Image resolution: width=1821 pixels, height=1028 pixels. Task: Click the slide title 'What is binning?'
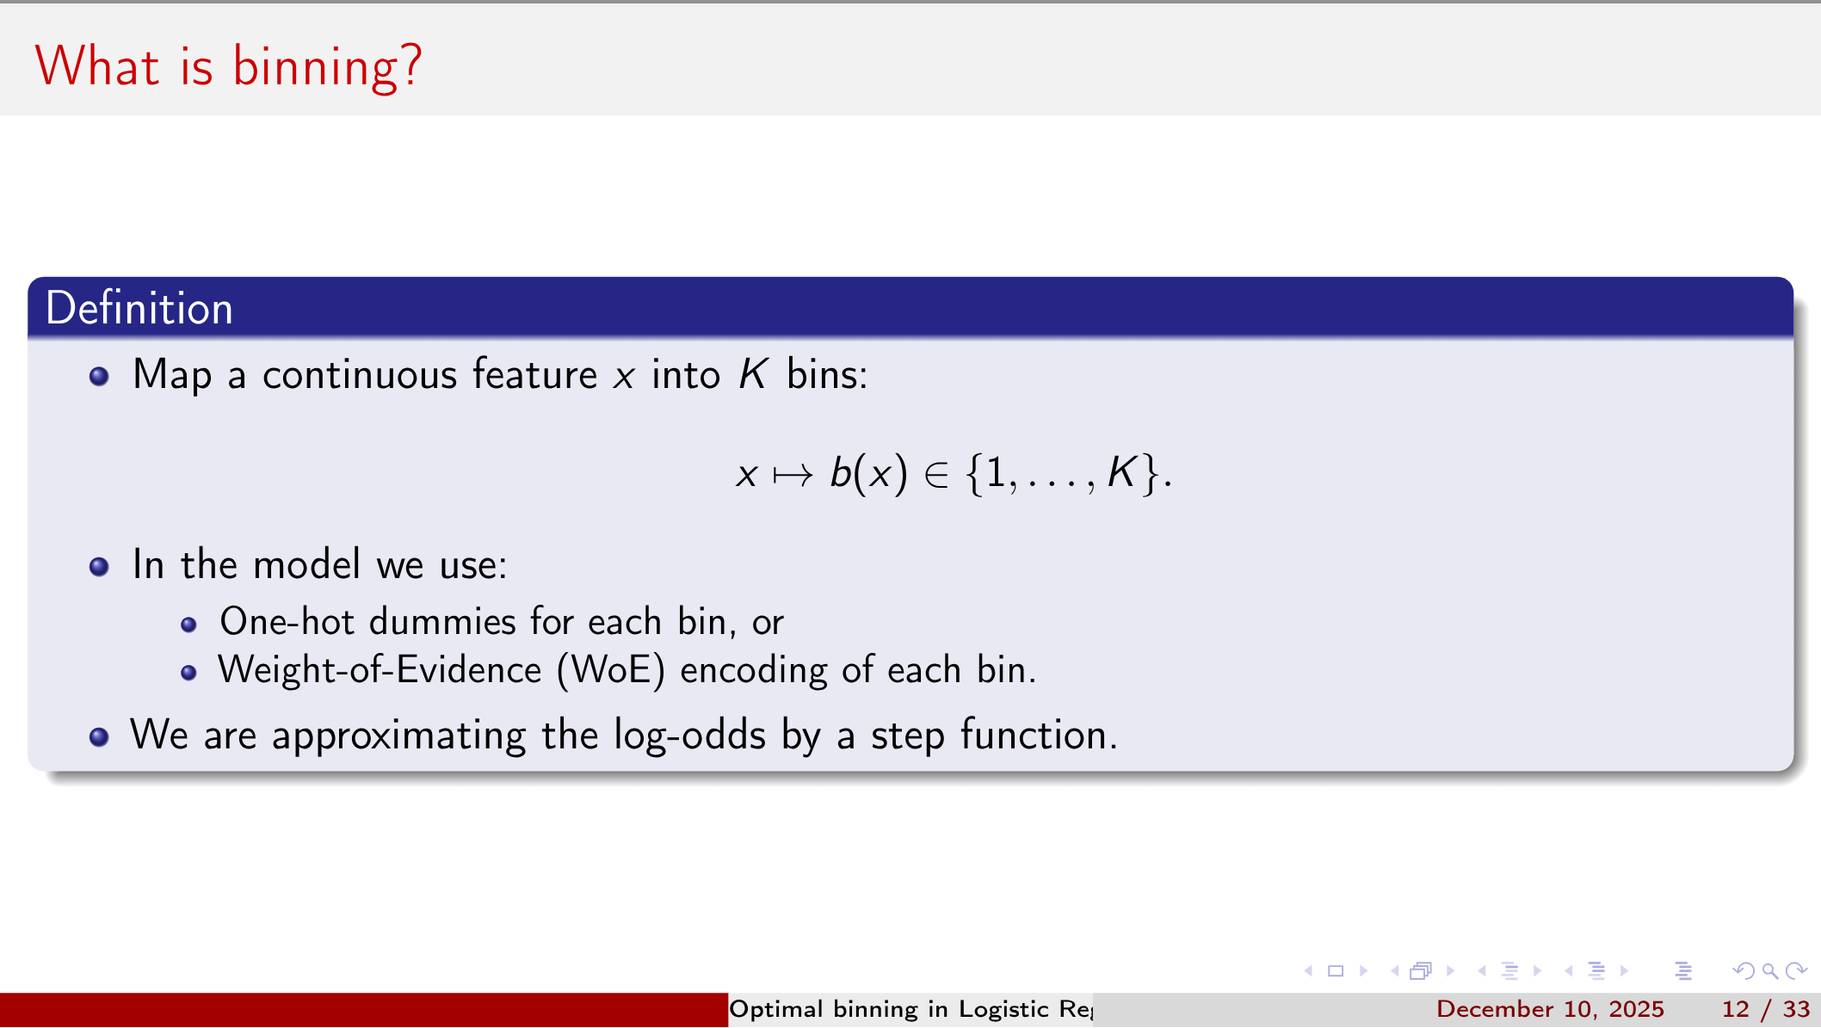coord(229,67)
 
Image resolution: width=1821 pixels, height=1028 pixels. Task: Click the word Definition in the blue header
coord(139,308)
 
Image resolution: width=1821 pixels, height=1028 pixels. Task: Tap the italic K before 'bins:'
coord(753,374)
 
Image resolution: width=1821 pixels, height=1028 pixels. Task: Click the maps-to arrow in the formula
coord(793,475)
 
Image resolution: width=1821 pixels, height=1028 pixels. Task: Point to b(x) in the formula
coord(868,473)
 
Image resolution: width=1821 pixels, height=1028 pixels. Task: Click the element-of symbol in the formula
coord(936,475)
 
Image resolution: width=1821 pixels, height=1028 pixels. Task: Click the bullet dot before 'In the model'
coord(99,566)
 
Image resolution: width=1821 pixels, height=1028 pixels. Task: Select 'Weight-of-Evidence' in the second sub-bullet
coord(380,669)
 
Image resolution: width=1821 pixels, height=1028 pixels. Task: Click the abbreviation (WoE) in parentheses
coord(611,670)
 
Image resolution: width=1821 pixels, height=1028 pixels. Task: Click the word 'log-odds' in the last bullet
coord(689,736)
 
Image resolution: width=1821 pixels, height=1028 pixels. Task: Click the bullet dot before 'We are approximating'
coord(99,736)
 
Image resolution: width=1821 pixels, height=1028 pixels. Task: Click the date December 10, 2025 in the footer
coord(1550,1009)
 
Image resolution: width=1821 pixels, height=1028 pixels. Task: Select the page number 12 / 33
coord(1766,1009)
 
